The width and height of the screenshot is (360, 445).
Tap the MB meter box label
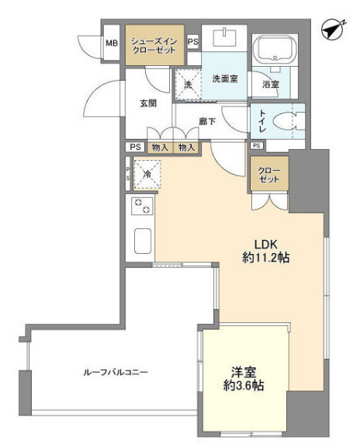coord(112,43)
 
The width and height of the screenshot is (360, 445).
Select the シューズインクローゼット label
coord(154,45)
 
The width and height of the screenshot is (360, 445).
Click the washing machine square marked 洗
coord(188,85)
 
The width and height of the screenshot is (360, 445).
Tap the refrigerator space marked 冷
coord(147,174)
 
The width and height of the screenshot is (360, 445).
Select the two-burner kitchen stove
coord(142,206)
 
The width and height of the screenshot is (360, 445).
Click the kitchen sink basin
coord(143,241)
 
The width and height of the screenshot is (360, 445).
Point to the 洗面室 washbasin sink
coord(224,37)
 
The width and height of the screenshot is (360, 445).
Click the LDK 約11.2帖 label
coord(266,251)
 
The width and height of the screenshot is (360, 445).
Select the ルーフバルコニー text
coord(116,372)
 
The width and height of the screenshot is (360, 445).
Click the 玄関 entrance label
coord(148,103)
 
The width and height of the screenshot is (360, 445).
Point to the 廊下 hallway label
coord(207,121)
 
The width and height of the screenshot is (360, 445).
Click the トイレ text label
coord(262,121)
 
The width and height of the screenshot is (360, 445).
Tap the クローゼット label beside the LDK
coord(269,175)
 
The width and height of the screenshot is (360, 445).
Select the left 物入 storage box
coord(160,148)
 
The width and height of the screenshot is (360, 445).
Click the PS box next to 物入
coord(135,147)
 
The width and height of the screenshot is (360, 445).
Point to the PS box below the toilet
coord(257,145)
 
